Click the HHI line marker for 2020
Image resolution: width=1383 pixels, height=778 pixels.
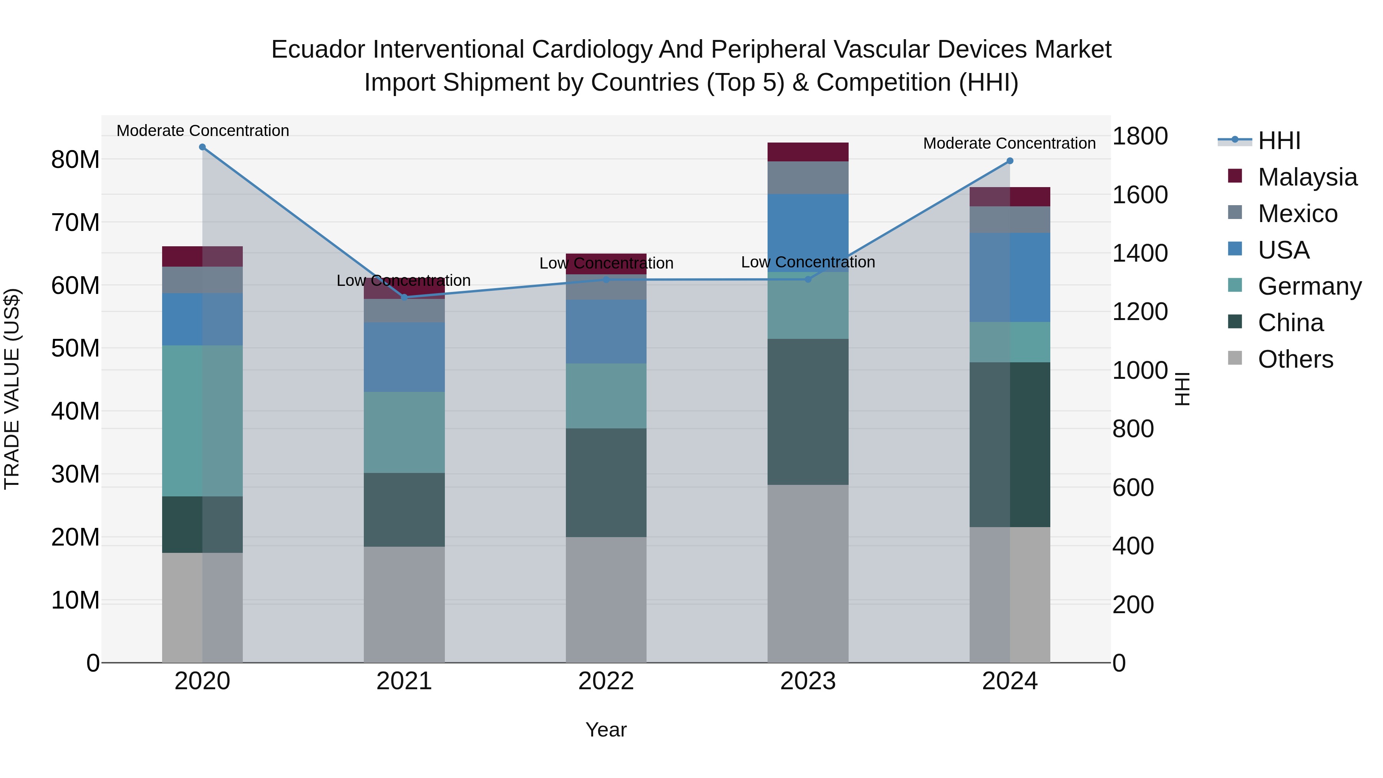click(202, 147)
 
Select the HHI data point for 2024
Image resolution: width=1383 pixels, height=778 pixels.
click(1010, 161)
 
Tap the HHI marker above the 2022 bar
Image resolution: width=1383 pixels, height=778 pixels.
click(606, 280)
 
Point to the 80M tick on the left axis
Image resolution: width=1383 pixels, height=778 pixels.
click(75, 159)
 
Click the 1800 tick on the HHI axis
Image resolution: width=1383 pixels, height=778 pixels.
click(1140, 136)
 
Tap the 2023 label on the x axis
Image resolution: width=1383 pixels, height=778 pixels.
click(808, 681)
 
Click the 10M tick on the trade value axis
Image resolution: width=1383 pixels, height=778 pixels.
click(75, 600)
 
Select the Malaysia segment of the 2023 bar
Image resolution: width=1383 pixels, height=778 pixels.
click(808, 152)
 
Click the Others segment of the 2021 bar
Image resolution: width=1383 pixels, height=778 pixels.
click(404, 605)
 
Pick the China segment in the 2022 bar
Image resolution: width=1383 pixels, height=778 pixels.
click(606, 482)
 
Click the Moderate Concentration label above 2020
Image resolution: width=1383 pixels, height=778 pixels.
click(202, 131)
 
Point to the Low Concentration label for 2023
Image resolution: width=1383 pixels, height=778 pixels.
click(808, 262)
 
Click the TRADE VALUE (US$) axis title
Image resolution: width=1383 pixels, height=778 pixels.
click(12, 389)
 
